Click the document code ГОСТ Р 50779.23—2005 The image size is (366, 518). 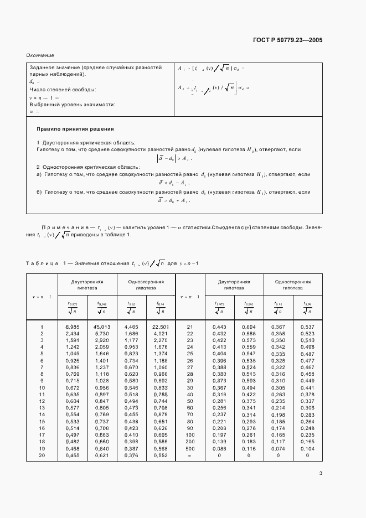point(287,40)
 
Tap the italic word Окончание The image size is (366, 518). point(40,55)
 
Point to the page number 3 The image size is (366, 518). point(321,473)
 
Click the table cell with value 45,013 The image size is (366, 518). point(102,327)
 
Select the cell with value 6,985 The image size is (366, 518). point(73,327)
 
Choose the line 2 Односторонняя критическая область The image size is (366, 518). point(88,167)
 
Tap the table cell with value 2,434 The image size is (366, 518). point(73,334)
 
